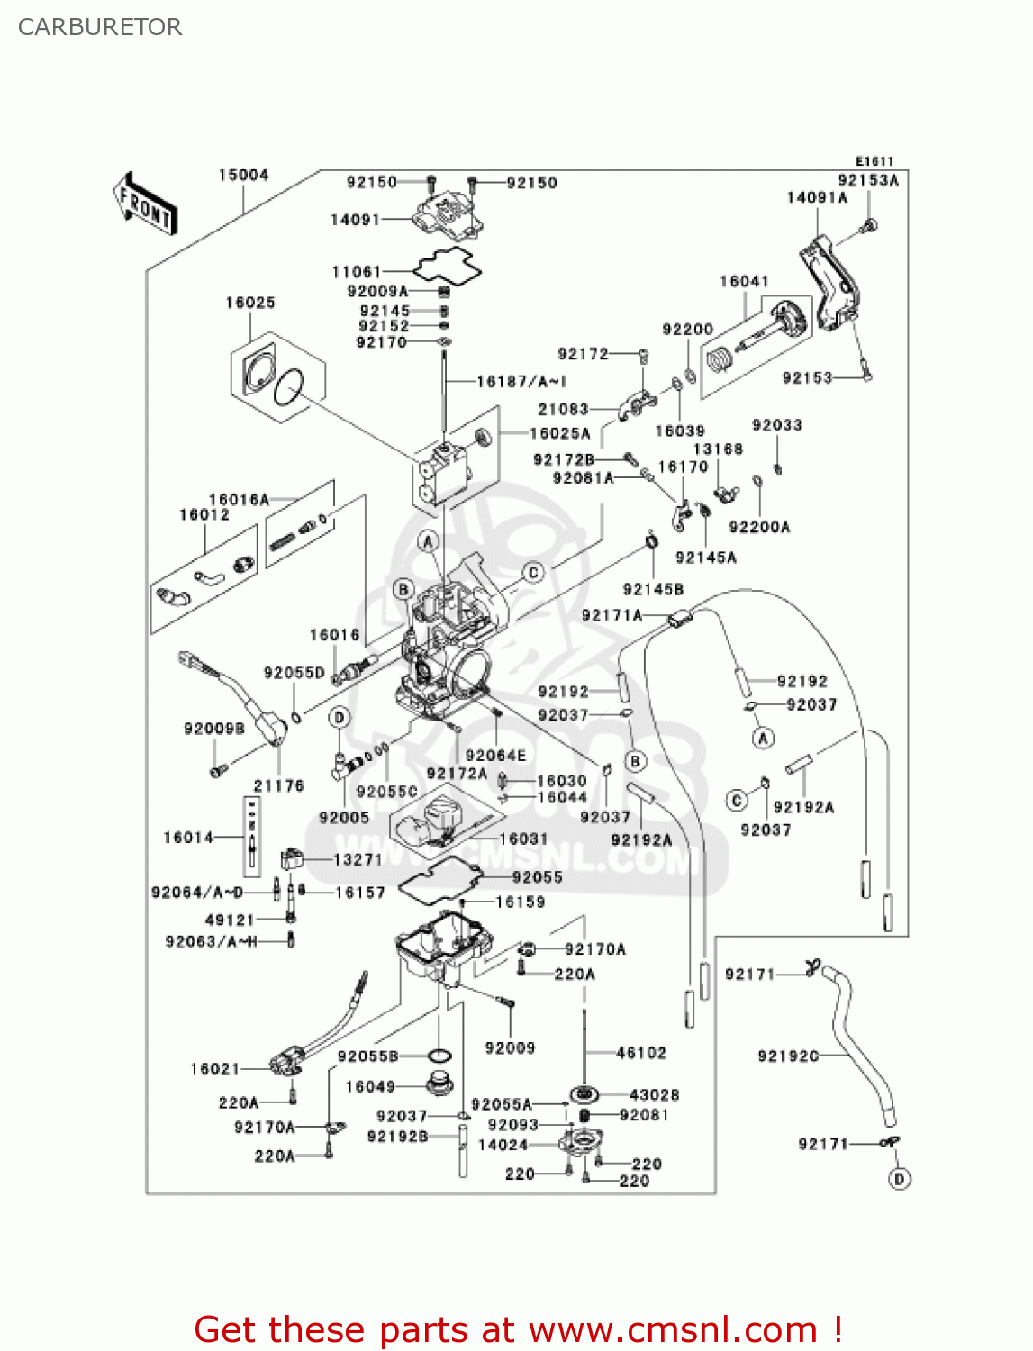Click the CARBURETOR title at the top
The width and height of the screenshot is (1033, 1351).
(100, 27)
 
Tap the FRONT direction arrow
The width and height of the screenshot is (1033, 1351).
(145, 204)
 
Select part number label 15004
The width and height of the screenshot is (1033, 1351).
(243, 175)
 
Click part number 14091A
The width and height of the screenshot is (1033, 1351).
(817, 197)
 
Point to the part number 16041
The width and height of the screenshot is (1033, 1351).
(744, 281)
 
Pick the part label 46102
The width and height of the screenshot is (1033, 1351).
(641, 1052)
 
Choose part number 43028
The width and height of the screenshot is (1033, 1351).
(654, 1094)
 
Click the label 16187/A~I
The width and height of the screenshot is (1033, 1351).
(521, 381)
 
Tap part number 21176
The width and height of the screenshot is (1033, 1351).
(278, 785)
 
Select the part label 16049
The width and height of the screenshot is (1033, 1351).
(370, 1086)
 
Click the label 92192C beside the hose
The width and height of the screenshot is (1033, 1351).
(788, 1056)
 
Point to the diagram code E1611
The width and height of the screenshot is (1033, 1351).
(874, 160)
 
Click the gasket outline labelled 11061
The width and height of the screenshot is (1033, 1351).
(448, 266)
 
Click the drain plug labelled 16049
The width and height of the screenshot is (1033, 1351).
(439, 1084)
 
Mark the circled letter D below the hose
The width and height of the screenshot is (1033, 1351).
(899, 1179)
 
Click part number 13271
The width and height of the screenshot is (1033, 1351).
(358, 859)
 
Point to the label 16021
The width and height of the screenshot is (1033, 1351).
(215, 1068)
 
